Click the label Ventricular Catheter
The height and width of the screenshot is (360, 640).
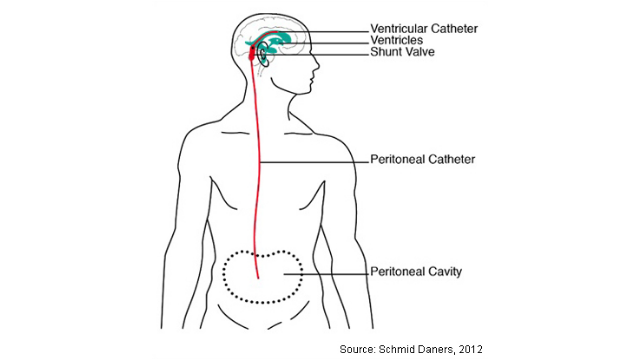pyautogui.click(x=424, y=29)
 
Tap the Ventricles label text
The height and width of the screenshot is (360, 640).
pyautogui.click(x=397, y=40)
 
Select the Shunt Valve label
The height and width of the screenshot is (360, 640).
pyautogui.click(x=402, y=52)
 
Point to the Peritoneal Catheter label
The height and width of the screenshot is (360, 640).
pyautogui.click(x=422, y=159)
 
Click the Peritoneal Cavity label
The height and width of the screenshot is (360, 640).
pyautogui.click(x=416, y=272)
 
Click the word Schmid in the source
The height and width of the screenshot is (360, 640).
pyautogui.click(x=394, y=349)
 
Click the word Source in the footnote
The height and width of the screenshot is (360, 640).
pyautogui.click(x=358, y=349)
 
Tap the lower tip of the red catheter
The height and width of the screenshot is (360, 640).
pyautogui.click(x=258, y=278)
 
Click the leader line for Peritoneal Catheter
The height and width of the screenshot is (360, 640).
pyautogui.click(x=314, y=162)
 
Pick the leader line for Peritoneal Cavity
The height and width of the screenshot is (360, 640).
pyautogui.click(x=326, y=274)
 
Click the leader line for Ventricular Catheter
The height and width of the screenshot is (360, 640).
pyautogui.click(x=323, y=32)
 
